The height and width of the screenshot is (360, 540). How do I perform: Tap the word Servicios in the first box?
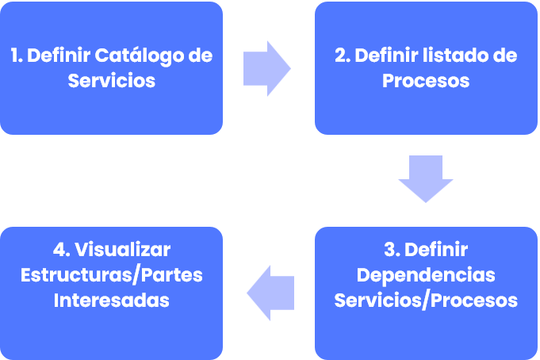(111, 81)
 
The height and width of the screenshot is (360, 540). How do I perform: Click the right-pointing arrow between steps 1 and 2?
(266, 68)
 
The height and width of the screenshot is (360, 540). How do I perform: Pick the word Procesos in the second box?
(426, 81)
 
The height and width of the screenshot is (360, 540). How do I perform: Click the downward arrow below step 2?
(426, 178)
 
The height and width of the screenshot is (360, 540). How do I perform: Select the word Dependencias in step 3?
(426, 275)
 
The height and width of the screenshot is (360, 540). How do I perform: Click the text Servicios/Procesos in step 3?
(426, 301)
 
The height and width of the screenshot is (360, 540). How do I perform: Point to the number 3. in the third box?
(391, 250)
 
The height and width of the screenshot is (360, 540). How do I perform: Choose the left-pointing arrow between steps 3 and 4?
(271, 293)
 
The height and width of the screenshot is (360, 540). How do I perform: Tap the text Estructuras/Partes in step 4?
(111, 275)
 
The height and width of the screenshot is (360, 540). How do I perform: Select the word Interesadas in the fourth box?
(111, 301)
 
